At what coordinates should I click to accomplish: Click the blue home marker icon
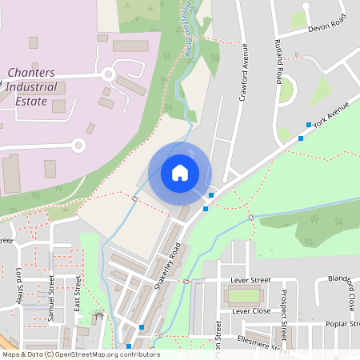pos(180,172)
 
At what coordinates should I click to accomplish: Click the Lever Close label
pos(250,310)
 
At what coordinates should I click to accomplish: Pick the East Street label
pos(78,294)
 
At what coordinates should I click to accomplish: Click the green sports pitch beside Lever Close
pos(245,296)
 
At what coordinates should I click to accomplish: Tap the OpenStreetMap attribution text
pos(80,354)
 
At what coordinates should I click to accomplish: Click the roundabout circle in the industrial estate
pos(78,145)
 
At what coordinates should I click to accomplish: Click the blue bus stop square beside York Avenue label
pos(309,125)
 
